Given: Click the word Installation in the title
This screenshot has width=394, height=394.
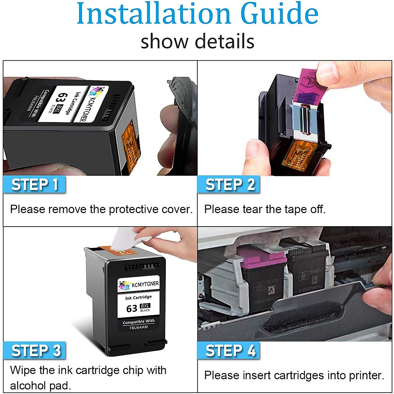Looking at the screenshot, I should (154, 14).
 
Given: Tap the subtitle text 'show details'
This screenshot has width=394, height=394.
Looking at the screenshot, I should (197, 42).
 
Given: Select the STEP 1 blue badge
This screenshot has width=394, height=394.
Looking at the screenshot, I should (34, 185).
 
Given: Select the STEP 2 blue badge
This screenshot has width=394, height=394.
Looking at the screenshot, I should (229, 185).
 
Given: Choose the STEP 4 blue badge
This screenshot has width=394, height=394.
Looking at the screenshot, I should (229, 350).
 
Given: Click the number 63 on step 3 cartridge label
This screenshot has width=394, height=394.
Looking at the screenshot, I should (132, 309).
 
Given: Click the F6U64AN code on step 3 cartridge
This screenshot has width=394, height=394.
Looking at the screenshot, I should (138, 327).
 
